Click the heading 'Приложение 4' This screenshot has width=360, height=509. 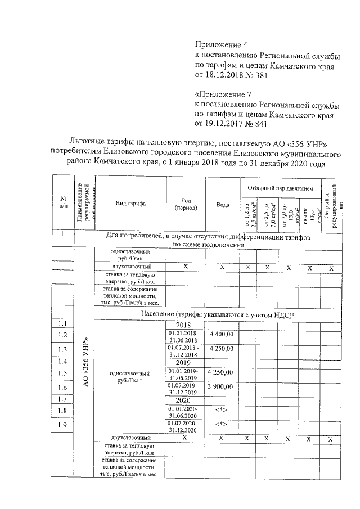point(220,44)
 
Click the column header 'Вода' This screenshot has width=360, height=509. point(222,204)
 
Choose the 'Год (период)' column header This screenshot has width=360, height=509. point(186,204)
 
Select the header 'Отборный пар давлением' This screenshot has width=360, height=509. point(281,186)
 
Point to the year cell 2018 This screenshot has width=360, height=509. point(186,325)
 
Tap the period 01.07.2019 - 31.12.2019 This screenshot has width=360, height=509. point(186,389)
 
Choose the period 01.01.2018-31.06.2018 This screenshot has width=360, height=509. point(186,336)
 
